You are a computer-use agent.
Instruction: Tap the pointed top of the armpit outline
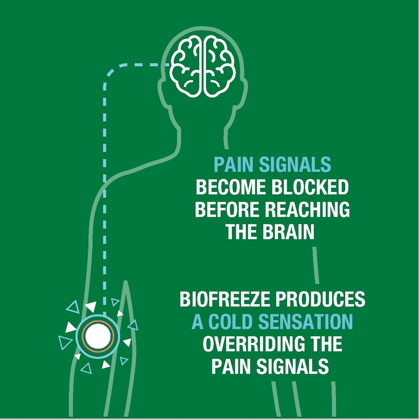(x=125, y=281)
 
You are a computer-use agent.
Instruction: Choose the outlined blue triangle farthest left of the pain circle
(x=65, y=343)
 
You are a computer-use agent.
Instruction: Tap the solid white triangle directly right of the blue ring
(x=127, y=342)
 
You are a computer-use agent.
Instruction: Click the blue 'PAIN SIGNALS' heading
(x=273, y=165)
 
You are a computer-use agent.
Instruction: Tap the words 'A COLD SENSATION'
(x=272, y=322)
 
